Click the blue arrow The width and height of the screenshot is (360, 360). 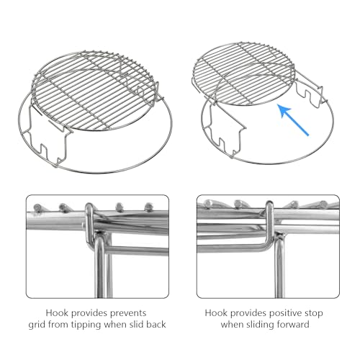coord(293,120)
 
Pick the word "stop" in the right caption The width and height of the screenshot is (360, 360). coord(314,313)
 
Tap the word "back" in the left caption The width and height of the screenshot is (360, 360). coord(156,325)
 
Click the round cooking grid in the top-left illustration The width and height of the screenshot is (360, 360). coord(94,91)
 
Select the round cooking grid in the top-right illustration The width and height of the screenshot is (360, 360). coord(244,74)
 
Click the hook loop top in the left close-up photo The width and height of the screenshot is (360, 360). coord(89,206)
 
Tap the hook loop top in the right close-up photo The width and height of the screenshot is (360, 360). coord(269,204)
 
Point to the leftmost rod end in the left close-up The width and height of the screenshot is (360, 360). coord(37,207)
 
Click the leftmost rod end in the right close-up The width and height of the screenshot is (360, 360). coord(207,204)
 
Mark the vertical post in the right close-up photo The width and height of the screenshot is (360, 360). coord(279,266)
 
